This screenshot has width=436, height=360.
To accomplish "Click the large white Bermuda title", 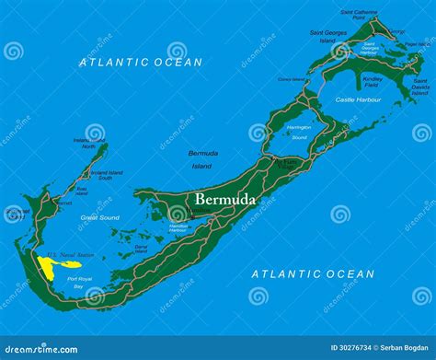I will (224, 199).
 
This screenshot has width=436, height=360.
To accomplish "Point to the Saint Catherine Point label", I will (359, 15).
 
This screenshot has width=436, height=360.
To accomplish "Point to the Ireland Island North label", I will (88, 143).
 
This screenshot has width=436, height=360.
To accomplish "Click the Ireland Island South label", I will (107, 174).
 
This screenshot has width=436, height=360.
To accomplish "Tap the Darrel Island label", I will (141, 248).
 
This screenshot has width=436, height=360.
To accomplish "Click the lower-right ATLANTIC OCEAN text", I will (313, 273).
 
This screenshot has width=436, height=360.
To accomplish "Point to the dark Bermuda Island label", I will (202, 159).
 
